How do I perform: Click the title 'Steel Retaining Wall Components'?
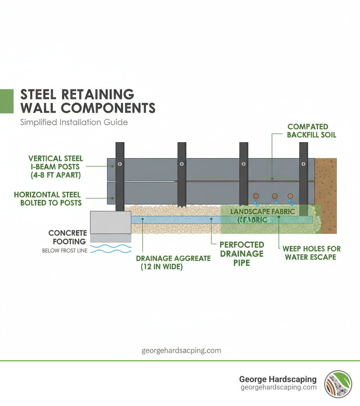[x=88, y=101]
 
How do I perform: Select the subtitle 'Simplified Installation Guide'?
[x=74, y=122]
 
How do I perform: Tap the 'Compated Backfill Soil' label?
[x=308, y=131]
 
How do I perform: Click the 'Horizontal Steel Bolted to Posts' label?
[x=47, y=198]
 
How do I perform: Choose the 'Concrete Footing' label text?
[x=67, y=237]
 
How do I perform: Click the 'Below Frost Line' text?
[x=65, y=251]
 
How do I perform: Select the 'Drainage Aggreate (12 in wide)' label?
[x=173, y=262]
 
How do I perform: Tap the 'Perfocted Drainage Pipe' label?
[x=242, y=253]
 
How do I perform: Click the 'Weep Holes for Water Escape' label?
[x=311, y=253]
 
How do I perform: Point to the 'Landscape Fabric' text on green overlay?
[x=262, y=212]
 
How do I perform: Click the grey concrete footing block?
[x=110, y=222]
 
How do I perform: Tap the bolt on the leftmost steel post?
[x=120, y=164]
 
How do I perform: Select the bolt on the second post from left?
[x=182, y=164]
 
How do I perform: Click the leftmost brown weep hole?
[x=256, y=196]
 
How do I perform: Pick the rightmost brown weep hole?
[x=290, y=196]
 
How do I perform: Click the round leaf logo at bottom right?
[x=338, y=384]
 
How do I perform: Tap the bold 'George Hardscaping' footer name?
[x=278, y=379]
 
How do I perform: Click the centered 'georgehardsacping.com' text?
[x=181, y=350]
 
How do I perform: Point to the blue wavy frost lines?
[x=110, y=249]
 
